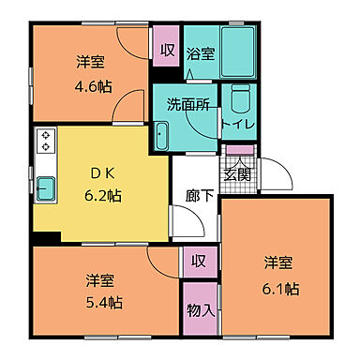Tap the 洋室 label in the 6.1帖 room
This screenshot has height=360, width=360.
[x=275, y=261]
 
